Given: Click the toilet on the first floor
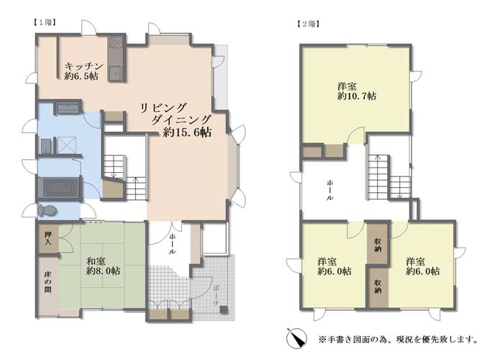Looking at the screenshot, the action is tap(47, 210).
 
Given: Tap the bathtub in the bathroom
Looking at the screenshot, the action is tap(59, 187).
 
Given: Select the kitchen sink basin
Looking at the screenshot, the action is tap(116, 73).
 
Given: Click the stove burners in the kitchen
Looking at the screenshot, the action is tap(116, 42).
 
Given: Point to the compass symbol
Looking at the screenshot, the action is tap(296, 338).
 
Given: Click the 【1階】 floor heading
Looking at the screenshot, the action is tap(45, 22).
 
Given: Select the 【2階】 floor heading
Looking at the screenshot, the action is tap(308, 24).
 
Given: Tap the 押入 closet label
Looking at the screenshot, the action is tap(47, 238).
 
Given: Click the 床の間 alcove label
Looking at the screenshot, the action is tap(47, 282).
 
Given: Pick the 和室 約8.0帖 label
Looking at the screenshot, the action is tap(103, 266).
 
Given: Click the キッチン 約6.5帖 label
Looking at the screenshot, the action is tap(83, 71).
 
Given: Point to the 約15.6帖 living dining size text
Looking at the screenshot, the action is tap(187, 132).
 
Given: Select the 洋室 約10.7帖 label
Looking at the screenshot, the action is tap(357, 91).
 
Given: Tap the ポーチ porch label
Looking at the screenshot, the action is tap(217, 295).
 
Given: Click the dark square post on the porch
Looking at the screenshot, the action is tap(224, 310).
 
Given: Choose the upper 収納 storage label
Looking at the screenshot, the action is tap(378, 245).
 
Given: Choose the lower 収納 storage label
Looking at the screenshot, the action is tap(378, 286).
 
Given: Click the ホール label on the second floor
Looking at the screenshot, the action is tap(329, 191).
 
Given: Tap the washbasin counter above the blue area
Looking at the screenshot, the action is tap(68, 108).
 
